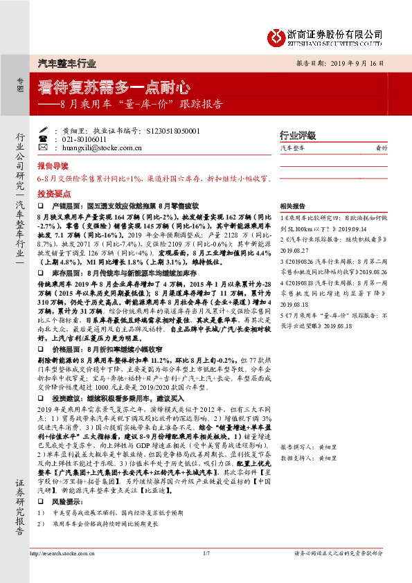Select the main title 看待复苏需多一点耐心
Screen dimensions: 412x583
pyautogui.click(x=113, y=89)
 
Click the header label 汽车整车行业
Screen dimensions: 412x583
pyautogui.click(x=66, y=63)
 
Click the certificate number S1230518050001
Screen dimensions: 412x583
pyautogui.click(x=164, y=130)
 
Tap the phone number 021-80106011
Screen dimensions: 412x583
pyautogui.click(x=82, y=138)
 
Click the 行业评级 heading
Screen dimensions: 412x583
pyautogui.click(x=297, y=135)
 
